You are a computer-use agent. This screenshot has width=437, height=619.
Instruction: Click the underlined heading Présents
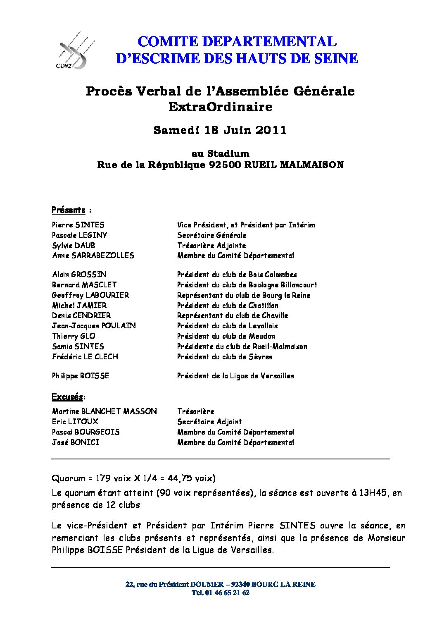(x=69, y=210)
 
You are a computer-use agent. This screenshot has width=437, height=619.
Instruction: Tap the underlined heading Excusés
(x=67, y=397)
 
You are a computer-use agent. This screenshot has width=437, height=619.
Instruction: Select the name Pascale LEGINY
(x=80, y=235)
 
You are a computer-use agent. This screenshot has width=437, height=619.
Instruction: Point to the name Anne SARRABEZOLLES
(x=93, y=256)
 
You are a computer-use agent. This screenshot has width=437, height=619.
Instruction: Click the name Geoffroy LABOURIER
(x=90, y=295)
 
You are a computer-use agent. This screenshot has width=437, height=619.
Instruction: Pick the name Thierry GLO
(x=74, y=336)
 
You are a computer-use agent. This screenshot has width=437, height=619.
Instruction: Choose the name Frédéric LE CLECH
(x=85, y=356)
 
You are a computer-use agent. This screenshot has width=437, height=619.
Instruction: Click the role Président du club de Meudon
(x=226, y=336)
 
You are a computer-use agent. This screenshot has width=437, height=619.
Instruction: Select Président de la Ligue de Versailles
(x=235, y=376)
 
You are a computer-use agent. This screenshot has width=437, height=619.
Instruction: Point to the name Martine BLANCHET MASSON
(x=104, y=411)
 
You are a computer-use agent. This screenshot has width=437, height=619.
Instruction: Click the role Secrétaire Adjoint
(x=209, y=422)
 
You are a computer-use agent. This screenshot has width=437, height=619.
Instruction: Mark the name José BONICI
(x=76, y=442)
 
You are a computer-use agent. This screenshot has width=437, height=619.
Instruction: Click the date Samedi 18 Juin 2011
(x=220, y=130)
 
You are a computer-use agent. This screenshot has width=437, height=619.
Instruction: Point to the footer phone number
(x=221, y=593)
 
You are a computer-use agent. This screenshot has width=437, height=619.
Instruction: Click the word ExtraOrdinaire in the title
(x=220, y=107)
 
